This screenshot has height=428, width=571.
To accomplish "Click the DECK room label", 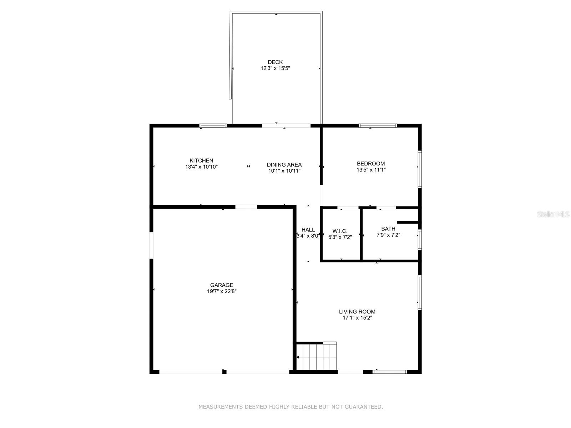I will (x=275, y=62).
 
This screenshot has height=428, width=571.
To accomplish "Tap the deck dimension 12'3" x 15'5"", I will (x=275, y=68).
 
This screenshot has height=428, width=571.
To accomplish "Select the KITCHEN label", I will (x=201, y=160).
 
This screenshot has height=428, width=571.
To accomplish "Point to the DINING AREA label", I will (x=284, y=164).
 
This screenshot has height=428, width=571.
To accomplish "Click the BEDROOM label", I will (x=371, y=164).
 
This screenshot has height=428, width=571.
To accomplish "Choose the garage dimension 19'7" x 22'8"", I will (x=222, y=291).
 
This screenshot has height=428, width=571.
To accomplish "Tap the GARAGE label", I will (x=222, y=285).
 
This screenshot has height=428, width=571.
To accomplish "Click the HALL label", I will (x=308, y=230).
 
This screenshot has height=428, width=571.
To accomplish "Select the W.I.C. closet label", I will (x=340, y=231).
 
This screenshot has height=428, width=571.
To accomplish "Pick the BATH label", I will (x=388, y=229).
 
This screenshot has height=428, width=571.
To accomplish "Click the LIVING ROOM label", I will (x=357, y=311).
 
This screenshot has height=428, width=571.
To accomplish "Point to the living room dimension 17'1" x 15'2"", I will (x=357, y=317).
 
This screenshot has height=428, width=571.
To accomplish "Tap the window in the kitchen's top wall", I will (x=213, y=126).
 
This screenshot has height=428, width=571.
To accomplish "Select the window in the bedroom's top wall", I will (x=378, y=126).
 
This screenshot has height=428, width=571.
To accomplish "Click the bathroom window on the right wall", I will (x=420, y=239).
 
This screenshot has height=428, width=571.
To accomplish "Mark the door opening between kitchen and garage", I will (x=246, y=207).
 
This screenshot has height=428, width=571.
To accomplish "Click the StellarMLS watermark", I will (x=553, y=214).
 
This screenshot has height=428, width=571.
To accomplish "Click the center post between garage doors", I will (x=224, y=372).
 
